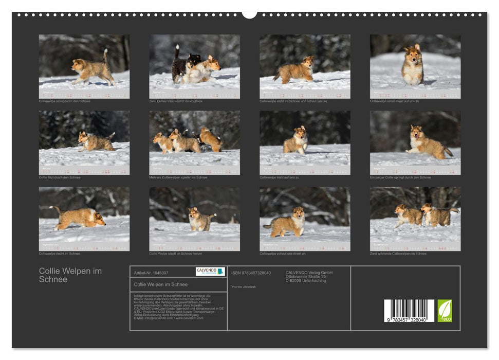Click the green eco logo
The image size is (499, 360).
pos(445,311)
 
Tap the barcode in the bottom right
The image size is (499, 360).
pos(409,311)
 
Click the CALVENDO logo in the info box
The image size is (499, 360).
pos(210,271)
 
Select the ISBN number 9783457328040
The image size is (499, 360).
pos(251,273)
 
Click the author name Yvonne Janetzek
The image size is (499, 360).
pos(244,286)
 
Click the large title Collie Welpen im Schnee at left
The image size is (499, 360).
pos(70,275)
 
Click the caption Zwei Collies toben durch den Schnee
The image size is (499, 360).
pos(176,101)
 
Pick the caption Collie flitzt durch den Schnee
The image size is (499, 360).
pos(60,177)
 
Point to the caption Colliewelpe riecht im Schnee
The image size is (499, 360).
pos(60,254)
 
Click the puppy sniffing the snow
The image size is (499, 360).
pos(80,218)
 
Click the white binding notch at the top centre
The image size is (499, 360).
pos(249,14)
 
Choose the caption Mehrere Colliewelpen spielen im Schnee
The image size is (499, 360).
pos(178,177)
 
